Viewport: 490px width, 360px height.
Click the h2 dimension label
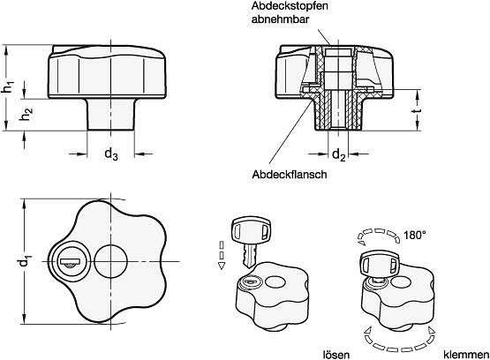point(26,115)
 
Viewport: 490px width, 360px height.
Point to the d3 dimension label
point(111,154)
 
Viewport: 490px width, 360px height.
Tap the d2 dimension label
point(338,154)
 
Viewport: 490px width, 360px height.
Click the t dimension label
point(418,111)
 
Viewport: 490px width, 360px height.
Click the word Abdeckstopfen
point(290,6)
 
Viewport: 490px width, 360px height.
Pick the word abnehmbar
point(280,19)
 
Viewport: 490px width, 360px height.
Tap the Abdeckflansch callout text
point(290,174)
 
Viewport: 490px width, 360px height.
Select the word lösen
point(336,355)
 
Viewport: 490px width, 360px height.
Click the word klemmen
point(465,355)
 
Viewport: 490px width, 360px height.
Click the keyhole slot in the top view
point(71,261)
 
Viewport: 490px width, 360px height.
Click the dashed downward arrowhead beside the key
point(222,266)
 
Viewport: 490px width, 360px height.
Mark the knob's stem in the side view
point(111,115)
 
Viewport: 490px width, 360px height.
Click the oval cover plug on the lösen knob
point(275,282)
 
